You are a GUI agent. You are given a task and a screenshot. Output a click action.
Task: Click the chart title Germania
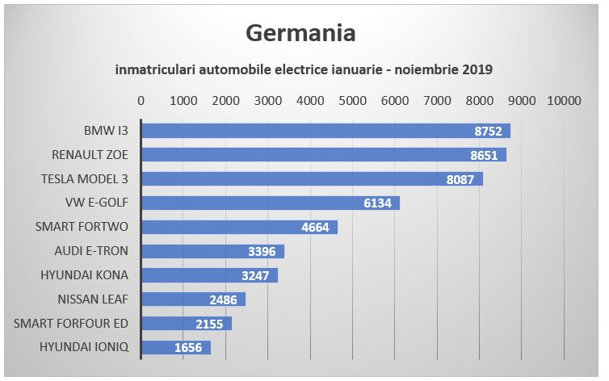click(300, 33)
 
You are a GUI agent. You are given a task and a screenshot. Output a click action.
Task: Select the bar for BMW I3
click(325, 131)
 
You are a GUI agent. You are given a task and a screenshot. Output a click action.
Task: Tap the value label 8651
click(484, 155)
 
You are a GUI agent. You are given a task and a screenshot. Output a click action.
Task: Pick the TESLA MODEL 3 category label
click(84, 179)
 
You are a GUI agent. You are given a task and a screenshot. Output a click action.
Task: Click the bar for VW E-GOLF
click(271, 203)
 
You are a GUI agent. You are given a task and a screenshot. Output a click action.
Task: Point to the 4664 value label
click(315, 227)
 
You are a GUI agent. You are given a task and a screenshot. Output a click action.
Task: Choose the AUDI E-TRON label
click(91, 251)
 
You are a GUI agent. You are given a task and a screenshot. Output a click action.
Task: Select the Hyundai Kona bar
click(210, 275)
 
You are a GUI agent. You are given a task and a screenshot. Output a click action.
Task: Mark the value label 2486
click(223, 299)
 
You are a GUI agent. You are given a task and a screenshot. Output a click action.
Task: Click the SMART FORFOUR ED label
click(71, 324)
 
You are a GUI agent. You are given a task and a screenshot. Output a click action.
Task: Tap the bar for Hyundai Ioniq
click(176, 348)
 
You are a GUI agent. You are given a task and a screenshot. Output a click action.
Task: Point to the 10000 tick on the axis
click(564, 101)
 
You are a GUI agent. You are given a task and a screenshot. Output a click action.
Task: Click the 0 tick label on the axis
click(141, 101)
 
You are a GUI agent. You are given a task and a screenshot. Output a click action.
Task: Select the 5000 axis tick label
click(352, 101)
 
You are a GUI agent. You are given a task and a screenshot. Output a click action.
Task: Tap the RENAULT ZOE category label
click(90, 155)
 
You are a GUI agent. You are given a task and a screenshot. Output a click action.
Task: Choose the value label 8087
click(460, 180)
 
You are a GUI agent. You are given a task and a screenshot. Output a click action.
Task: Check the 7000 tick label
click(437, 101)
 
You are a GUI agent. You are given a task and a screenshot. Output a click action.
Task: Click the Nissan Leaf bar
click(193, 299)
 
